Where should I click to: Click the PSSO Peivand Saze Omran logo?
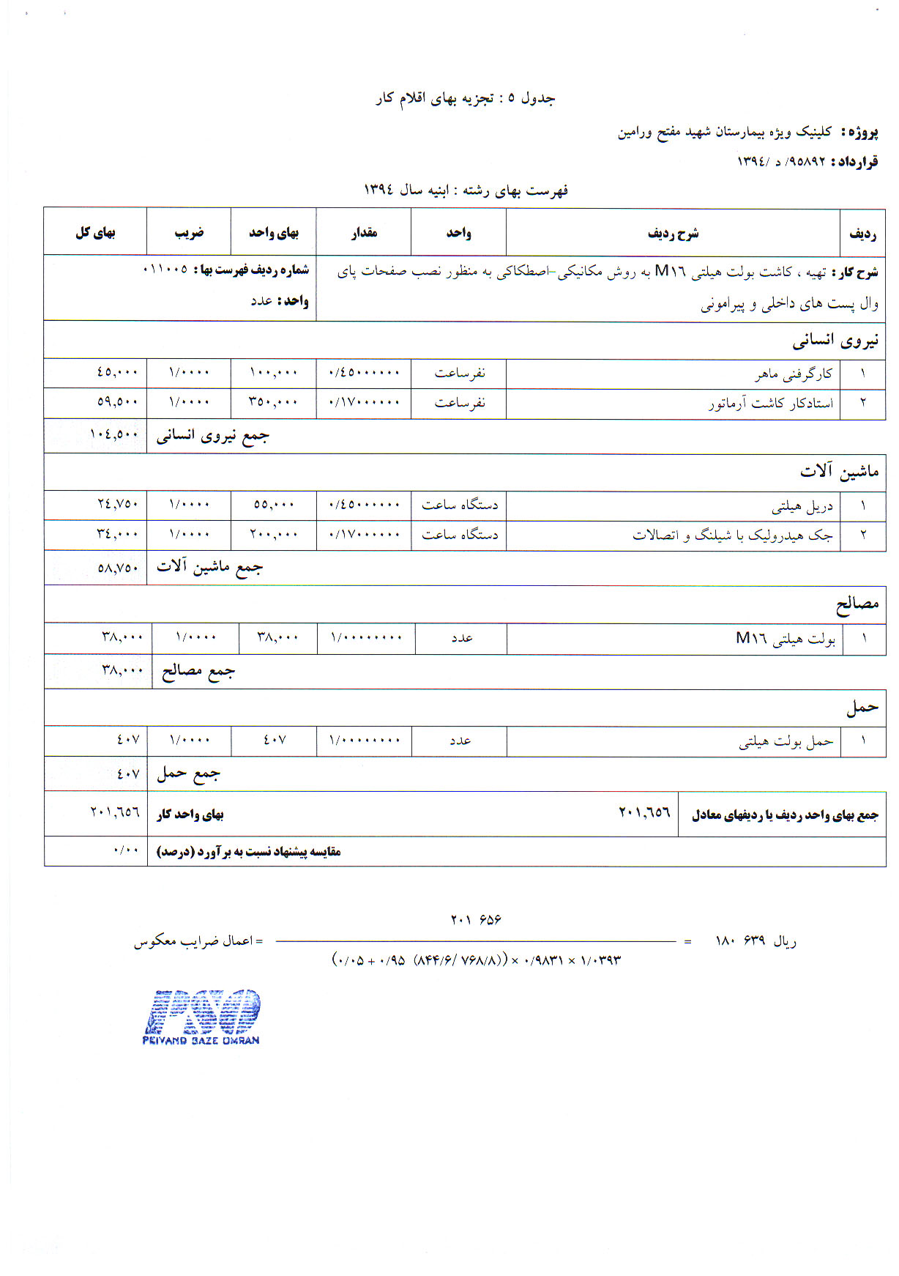click(x=201, y=1016)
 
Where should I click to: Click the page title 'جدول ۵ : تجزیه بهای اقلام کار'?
click(x=466, y=98)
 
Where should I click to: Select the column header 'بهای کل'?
click(x=95, y=233)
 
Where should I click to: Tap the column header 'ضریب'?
click(x=189, y=233)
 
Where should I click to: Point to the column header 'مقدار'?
click(x=364, y=233)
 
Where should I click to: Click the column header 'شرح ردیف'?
click(x=673, y=234)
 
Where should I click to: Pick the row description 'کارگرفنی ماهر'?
click(x=794, y=374)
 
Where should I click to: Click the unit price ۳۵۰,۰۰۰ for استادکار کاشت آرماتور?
click(x=274, y=403)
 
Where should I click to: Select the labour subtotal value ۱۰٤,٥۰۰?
click(x=114, y=434)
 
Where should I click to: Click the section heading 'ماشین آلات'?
click(x=839, y=472)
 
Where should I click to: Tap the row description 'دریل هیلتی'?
click(x=802, y=506)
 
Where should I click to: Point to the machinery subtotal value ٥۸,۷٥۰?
click(x=118, y=567)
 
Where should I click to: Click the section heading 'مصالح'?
click(x=857, y=605)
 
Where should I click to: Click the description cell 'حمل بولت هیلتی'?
click(x=786, y=742)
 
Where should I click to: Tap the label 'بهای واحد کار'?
click(x=190, y=815)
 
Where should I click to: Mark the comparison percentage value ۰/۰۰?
click(x=126, y=851)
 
